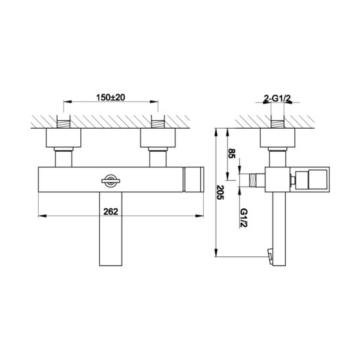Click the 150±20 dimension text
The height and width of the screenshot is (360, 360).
click(x=110, y=98)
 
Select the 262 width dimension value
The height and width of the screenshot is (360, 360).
click(x=110, y=212)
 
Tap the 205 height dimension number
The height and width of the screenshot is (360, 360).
click(x=220, y=192)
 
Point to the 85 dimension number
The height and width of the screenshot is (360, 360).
click(x=232, y=153)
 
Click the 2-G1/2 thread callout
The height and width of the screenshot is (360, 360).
click(x=277, y=99)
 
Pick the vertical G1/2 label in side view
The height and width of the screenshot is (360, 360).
click(x=244, y=217)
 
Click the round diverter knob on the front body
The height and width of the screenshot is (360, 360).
click(x=110, y=181)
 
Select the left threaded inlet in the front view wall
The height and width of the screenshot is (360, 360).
click(x=63, y=124)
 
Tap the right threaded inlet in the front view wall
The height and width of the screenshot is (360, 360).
click(x=158, y=124)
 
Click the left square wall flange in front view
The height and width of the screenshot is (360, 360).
click(x=64, y=138)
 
